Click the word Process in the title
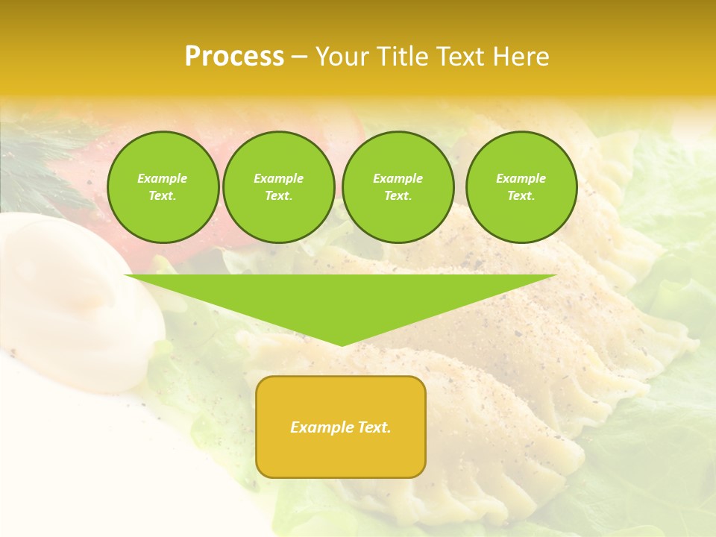point(234,57)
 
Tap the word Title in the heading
point(401,57)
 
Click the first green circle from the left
point(163,187)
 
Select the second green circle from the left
point(279,187)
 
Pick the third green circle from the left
point(398,187)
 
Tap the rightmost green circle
point(521,187)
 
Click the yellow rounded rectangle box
point(341,427)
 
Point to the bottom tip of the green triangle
point(342,345)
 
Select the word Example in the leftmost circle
point(163,178)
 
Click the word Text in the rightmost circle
point(521,196)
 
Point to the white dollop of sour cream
point(75,298)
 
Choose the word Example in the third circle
point(398,178)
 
